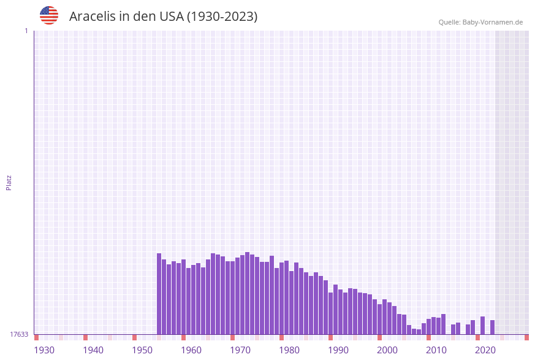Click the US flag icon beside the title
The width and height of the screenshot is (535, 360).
[x=49, y=15]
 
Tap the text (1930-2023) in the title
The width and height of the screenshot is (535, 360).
[x=222, y=17]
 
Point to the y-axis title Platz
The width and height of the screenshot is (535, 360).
[x=9, y=182]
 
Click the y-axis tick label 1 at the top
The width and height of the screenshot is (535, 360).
[x=26, y=31]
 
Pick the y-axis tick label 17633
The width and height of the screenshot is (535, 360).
[x=19, y=334]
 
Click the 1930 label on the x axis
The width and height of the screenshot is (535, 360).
[x=44, y=350]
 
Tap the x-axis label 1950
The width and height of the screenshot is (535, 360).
[x=142, y=350]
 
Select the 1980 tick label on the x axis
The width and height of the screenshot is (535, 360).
[x=289, y=350]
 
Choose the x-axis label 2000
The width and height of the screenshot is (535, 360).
[x=387, y=350]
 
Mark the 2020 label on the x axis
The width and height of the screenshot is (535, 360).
[x=485, y=350]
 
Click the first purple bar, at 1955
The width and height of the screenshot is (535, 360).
[x=159, y=294]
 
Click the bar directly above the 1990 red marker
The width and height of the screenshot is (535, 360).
[x=330, y=313]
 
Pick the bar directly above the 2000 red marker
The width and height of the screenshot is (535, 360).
[x=379, y=319]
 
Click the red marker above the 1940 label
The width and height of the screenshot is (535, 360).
[x=85, y=337]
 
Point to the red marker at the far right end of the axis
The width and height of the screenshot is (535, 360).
[x=526, y=337]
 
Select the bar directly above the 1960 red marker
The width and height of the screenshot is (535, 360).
[x=183, y=297]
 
